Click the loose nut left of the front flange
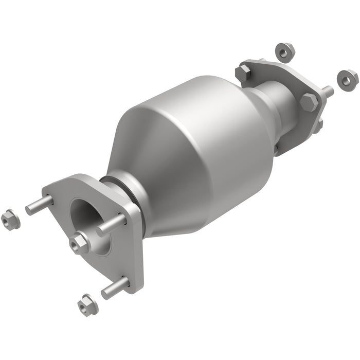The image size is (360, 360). [x=10, y=220]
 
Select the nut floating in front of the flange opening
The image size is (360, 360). [x=81, y=241]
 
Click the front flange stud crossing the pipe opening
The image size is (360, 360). [x=111, y=225]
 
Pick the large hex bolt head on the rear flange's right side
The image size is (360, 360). [x=309, y=102]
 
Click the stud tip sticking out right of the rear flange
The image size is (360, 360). [x=328, y=91]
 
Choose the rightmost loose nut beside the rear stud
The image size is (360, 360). [x=348, y=78]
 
